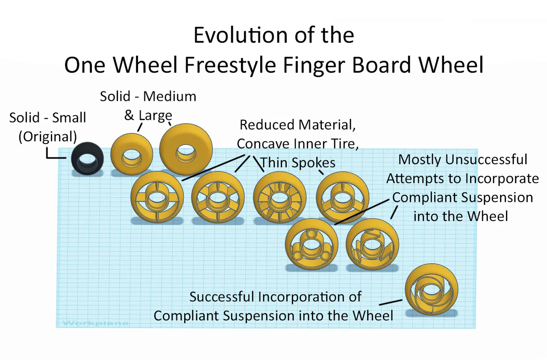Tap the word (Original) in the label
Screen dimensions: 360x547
(47, 137)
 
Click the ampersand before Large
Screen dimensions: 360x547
(129, 115)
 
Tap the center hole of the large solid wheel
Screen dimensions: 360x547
(187, 150)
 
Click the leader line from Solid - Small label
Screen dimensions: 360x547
(56, 154)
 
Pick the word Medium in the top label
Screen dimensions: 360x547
(169, 97)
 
